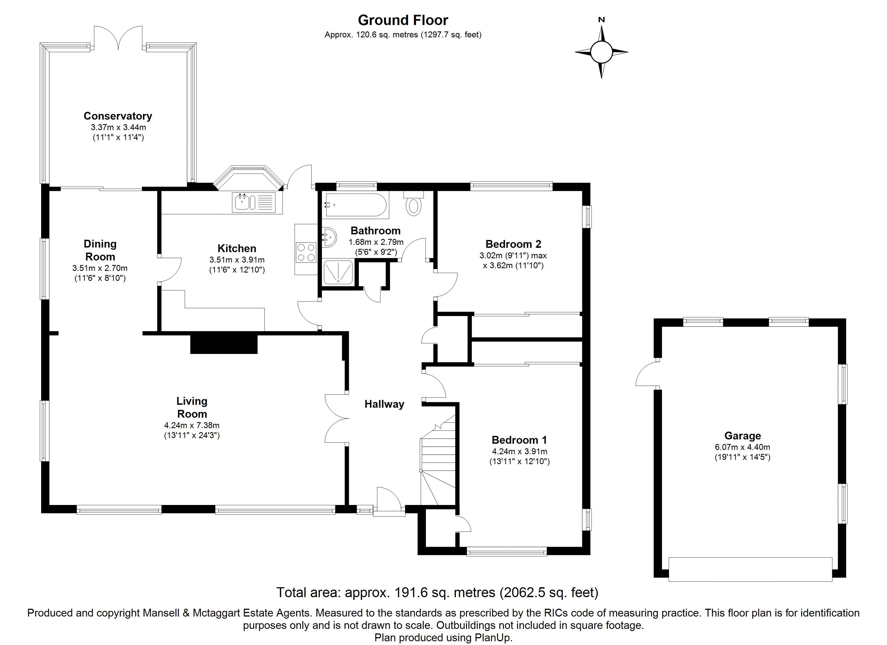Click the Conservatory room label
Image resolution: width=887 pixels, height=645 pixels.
tap(118, 116)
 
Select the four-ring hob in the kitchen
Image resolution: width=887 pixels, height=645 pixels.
tap(306, 252)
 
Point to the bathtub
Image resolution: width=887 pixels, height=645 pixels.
tap(356, 205)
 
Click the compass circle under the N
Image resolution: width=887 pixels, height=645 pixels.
tap(601, 52)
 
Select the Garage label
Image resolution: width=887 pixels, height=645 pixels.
tap(743, 435)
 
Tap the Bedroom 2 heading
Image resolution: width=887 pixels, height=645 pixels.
tap(513, 244)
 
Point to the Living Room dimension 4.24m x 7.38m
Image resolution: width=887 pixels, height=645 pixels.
tap(192, 425)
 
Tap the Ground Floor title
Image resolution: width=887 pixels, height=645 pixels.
tap(403, 20)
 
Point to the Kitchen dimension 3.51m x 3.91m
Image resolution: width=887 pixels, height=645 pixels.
tap(237, 260)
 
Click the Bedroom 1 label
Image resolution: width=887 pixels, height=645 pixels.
tap(519, 440)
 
